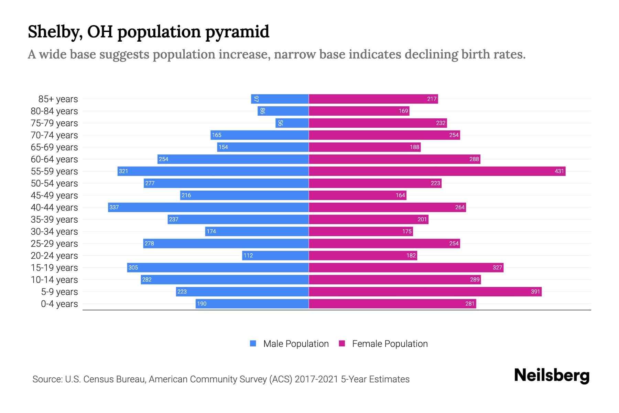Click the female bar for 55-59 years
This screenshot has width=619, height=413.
point(437,171)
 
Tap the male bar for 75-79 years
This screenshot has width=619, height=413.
point(292,123)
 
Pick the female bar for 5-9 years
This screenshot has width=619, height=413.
point(425,292)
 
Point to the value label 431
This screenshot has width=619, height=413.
point(559,171)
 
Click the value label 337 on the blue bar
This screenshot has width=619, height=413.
point(114,207)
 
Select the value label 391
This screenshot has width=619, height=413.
point(535,292)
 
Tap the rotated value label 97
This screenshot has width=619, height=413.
point(256,99)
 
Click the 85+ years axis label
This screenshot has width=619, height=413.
point(58,99)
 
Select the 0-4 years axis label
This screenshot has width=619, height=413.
point(59,304)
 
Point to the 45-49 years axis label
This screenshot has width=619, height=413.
point(54,195)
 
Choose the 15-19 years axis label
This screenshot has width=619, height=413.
point(54,268)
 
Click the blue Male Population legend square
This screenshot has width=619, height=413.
point(253,343)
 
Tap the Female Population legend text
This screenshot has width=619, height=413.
point(390,344)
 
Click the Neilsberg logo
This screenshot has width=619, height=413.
point(552,375)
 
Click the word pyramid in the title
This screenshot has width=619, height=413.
point(237,32)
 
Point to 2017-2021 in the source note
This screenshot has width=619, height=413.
point(316,379)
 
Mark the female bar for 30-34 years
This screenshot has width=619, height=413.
point(360,231)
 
